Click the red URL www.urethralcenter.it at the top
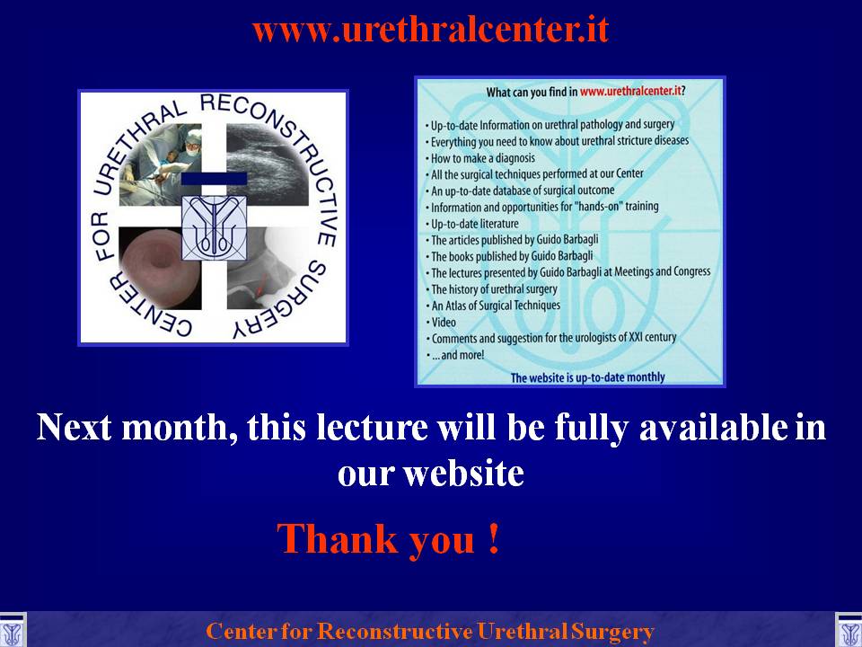point(430,30)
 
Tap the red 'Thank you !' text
point(389,540)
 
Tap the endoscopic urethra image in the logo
point(160,268)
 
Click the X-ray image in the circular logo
point(268,268)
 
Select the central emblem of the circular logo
point(214,227)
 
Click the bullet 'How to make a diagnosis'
point(479,158)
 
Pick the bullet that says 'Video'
point(441,322)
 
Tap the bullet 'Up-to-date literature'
point(472,224)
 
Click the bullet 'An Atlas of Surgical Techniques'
point(493,306)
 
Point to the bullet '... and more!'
point(455,355)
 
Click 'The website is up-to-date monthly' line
point(587,377)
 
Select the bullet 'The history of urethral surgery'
point(491,288)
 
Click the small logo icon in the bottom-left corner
point(12,631)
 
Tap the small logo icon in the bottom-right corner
point(849,631)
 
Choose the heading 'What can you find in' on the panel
point(532,92)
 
